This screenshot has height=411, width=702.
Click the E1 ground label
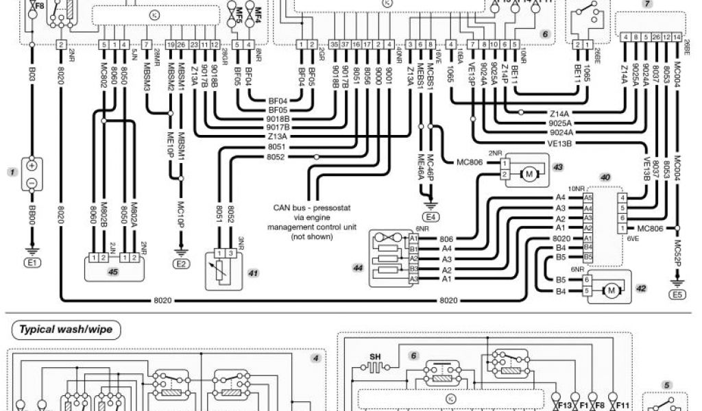(x=32, y=262)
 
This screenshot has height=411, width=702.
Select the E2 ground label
(x=181, y=262)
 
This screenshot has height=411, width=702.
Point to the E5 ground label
(x=677, y=296)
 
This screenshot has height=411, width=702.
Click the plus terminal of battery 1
(x=32, y=165)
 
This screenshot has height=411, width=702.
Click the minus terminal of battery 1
(x=32, y=183)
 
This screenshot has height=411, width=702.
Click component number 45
(x=114, y=271)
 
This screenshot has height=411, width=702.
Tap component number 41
(x=253, y=273)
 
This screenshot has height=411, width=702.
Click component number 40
(x=605, y=177)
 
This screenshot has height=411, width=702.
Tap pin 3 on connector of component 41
(x=232, y=253)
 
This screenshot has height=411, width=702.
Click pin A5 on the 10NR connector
(x=588, y=197)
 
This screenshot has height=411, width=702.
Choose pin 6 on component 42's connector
(x=587, y=279)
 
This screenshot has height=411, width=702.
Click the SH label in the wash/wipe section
(x=375, y=356)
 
